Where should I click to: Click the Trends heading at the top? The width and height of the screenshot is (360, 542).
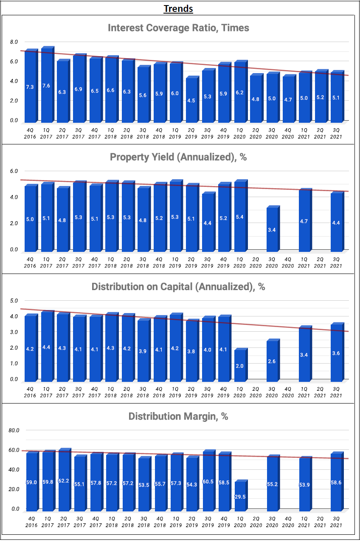pos(178,8)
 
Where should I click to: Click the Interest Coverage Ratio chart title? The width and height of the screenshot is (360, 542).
pos(178,28)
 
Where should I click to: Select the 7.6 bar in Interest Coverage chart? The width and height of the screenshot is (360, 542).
pos(46,85)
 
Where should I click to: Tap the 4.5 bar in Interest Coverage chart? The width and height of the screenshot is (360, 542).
pos(191,100)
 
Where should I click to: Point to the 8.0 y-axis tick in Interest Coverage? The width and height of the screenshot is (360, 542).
pos(14,42)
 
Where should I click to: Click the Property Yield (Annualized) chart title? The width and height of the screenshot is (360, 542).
pos(178,157)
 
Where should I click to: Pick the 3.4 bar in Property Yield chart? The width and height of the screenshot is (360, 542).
pos(272,229)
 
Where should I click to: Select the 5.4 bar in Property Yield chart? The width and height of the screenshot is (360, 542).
pos(239,217)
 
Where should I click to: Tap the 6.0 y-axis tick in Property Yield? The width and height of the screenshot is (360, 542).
pos(14,171)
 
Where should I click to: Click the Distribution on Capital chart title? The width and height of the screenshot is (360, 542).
pos(178,287)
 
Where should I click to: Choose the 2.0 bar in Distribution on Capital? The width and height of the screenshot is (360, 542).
pos(239,365)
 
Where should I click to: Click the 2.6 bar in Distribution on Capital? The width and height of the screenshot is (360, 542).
pos(272,361)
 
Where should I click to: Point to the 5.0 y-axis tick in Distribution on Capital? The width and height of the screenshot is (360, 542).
pos(14,301)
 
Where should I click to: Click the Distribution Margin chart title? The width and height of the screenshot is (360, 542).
pos(178,416)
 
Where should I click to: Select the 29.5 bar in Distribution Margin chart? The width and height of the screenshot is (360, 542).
pos(239,496)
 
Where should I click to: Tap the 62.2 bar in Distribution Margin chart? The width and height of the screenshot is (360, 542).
pos(64,480)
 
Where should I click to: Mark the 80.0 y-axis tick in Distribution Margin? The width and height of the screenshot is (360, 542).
pos(14,430)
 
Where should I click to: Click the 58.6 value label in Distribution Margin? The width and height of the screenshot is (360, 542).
pos(336,483)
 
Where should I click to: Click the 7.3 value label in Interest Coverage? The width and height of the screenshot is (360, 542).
pos(30,87)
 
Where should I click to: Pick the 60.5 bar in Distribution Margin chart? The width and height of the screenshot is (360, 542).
pos(207,481)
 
